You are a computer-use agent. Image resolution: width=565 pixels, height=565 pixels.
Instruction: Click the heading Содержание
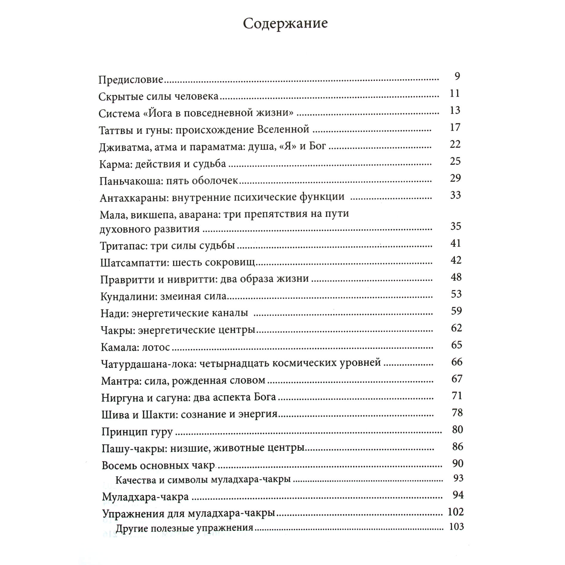[285, 24]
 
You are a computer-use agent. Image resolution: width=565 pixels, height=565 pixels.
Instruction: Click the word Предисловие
[131, 80]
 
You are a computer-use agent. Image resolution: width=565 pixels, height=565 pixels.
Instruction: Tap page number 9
[457, 77]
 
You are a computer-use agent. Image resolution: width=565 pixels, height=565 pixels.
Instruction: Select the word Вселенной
[283, 129]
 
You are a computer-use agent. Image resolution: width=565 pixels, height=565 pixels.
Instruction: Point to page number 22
[455, 144]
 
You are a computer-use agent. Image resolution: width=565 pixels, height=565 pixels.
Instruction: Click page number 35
[456, 226]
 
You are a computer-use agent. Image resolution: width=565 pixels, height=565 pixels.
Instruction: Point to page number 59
[456, 311]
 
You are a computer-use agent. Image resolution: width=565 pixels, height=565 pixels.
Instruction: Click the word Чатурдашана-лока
[148, 364]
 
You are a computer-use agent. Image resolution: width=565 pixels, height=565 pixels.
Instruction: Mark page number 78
[457, 413]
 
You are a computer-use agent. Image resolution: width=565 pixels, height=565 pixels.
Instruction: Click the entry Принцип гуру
[137, 432]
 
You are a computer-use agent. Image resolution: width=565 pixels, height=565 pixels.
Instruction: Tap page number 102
[456, 512]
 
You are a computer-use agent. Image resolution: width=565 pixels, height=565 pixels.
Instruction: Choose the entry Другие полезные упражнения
[184, 529]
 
